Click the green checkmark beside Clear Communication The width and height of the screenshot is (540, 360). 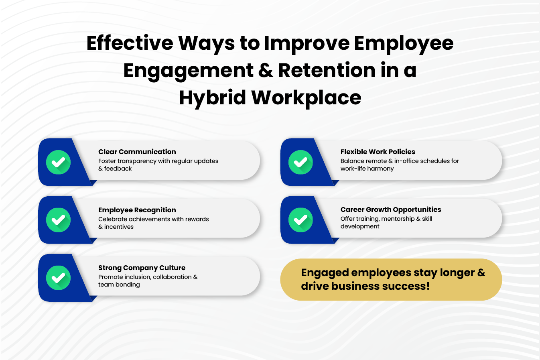pos(58,162)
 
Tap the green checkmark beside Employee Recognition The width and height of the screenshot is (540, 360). pos(58,220)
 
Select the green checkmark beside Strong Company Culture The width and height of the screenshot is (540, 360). pos(58,278)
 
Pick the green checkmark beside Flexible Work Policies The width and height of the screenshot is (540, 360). pos(300,162)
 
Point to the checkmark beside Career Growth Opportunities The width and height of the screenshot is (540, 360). pos(300,220)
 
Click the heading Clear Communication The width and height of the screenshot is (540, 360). pos(137,152)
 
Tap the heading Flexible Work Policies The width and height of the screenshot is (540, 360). pos(378,152)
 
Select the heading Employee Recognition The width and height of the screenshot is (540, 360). pos(137,210)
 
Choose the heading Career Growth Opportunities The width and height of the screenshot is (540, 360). pos(391,209)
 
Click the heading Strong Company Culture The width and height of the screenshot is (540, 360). pos(142,268)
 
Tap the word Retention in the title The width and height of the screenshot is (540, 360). pos(327,70)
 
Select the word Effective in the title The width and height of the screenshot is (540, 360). pos(130,43)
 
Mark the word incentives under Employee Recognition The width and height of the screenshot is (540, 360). pos(119,227)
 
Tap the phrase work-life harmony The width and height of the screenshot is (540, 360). pos(367,169)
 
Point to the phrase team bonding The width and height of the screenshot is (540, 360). pos(119,285)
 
